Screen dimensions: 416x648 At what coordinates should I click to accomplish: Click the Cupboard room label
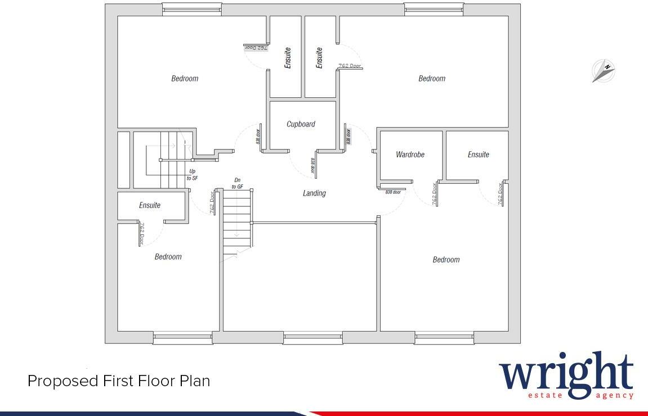[x=301, y=124]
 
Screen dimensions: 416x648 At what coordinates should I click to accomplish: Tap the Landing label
[x=314, y=193]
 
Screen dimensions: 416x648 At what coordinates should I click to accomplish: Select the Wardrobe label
[x=410, y=155]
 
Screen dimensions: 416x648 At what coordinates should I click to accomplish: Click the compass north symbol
[x=604, y=71]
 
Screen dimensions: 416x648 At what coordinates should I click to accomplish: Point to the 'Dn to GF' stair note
[x=238, y=183]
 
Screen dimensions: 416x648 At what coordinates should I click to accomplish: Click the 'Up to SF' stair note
[x=192, y=174]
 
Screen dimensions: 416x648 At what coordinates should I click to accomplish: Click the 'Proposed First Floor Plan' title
[x=119, y=381]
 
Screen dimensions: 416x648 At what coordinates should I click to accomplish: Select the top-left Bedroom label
[x=185, y=79]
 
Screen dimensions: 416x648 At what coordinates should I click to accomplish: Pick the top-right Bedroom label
[x=432, y=79]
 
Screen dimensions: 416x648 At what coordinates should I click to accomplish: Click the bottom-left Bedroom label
[x=168, y=257]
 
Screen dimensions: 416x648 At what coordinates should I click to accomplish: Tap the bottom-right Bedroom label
[x=446, y=260]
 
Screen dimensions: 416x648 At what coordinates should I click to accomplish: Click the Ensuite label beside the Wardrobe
[x=478, y=155]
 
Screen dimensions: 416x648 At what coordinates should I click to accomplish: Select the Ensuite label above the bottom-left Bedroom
[x=150, y=206]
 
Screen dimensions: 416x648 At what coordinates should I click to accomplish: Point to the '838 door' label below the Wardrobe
[x=393, y=192]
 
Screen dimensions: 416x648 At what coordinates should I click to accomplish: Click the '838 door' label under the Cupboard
[x=312, y=167]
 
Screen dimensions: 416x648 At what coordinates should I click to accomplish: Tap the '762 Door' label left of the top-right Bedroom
[x=349, y=66]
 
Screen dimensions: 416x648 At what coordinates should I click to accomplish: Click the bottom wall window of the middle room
[x=313, y=338]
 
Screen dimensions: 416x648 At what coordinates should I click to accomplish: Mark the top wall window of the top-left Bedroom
[x=191, y=8]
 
